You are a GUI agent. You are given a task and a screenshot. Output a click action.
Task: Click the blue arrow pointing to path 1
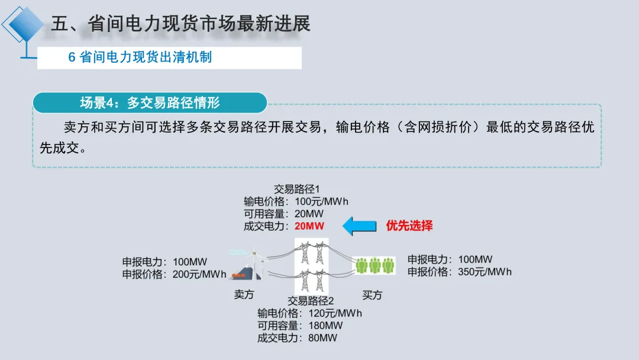(x=360, y=226)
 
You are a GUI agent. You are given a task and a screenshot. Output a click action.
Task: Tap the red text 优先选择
(x=409, y=226)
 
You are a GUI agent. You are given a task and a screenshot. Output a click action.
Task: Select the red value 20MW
(x=309, y=226)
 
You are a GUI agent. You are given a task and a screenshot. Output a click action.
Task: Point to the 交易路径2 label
(x=311, y=301)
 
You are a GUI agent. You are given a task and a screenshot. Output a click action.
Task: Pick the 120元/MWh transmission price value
(x=335, y=313)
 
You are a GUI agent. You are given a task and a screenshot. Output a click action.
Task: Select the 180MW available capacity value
(x=325, y=326)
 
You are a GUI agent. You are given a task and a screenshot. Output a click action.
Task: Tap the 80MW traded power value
(x=323, y=338)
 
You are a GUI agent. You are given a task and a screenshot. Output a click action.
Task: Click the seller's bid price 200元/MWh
(x=200, y=274)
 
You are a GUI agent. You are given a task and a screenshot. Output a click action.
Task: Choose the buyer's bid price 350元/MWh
(x=485, y=272)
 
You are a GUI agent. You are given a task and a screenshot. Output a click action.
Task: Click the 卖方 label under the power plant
(x=244, y=295)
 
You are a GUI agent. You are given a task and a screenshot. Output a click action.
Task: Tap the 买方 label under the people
(x=372, y=295)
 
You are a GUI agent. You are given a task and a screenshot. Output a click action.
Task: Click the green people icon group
(x=375, y=266)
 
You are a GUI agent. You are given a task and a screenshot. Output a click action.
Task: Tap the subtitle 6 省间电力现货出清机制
(x=140, y=57)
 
